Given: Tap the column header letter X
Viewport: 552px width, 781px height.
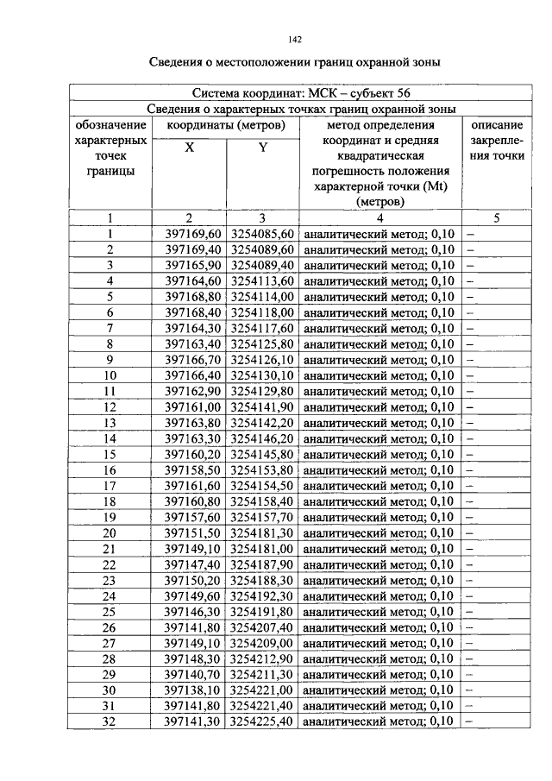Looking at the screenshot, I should (189, 148).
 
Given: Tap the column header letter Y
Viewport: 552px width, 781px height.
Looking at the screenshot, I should (262, 148).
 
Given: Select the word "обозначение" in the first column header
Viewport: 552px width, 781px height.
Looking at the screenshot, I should (110, 125).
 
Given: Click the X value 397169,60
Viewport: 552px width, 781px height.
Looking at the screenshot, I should (192, 234).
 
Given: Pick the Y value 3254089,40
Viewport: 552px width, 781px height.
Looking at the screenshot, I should (262, 265).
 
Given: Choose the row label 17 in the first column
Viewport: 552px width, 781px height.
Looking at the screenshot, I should (110, 486).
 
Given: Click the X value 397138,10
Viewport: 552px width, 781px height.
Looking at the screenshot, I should (192, 690).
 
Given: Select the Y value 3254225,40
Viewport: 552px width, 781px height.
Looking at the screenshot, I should (262, 721).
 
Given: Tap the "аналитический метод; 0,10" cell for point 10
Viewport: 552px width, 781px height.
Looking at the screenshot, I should (379, 375).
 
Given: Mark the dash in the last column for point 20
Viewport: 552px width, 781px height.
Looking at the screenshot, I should (472, 533).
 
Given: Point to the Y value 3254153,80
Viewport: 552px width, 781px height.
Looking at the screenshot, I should (262, 470).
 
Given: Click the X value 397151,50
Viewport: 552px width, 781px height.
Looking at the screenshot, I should (192, 533).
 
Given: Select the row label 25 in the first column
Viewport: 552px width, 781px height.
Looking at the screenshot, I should (110, 612).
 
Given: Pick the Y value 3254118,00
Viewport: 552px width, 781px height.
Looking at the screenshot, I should (262, 312).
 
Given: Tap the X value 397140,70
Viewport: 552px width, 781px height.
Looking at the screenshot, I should (192, 675).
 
